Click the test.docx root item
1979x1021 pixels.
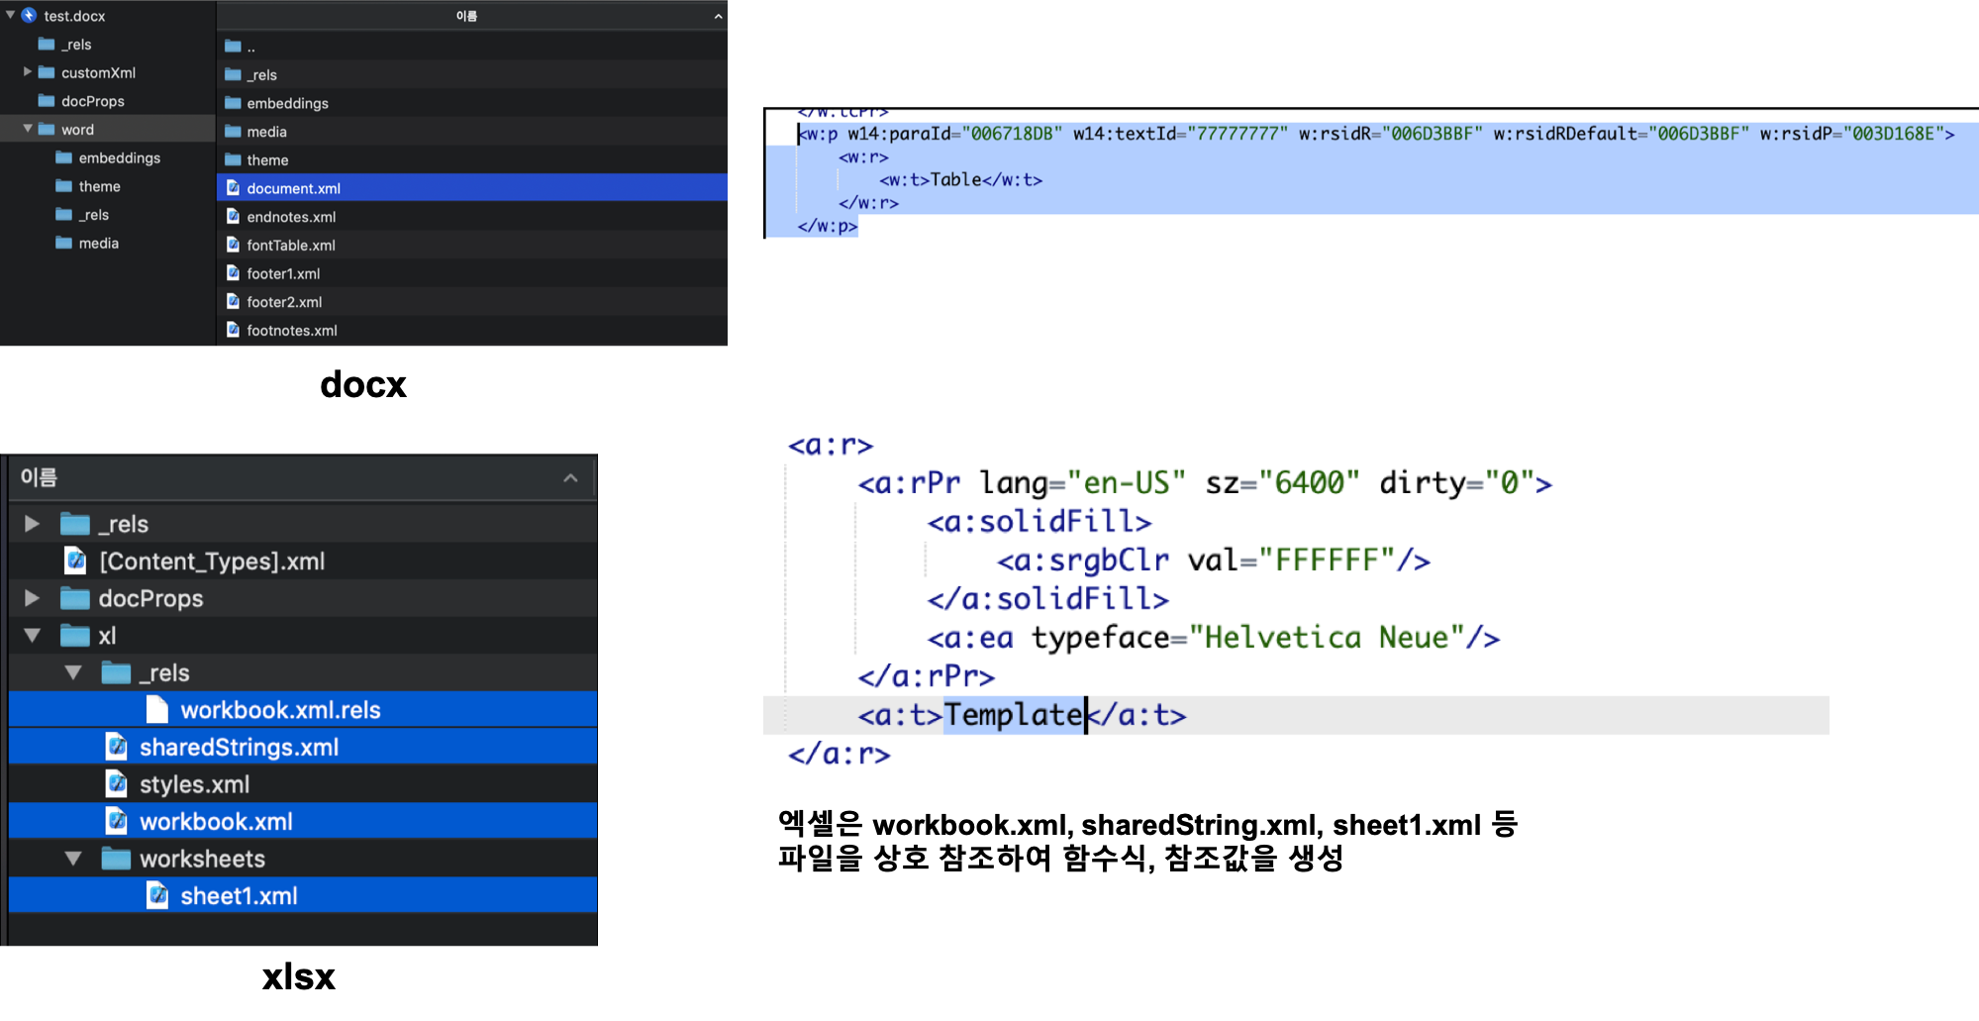click(x=74, y=16)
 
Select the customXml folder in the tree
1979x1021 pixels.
click(x=98, y=72)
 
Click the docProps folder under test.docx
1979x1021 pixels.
click(x=92, y=101)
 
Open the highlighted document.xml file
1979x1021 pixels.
click(x=293, y=188)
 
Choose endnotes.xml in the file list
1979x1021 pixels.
click(x=291, y=217)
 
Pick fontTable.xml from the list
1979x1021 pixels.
click(x=291, y=246)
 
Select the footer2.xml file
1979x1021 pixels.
click(x=284, y=302)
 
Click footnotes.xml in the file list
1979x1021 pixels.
click(x=292, y=331)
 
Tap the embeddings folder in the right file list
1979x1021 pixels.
click(x=287, y=103)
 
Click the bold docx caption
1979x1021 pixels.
click(x=363, y=384)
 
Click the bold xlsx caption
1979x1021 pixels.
click(x=299, y=976)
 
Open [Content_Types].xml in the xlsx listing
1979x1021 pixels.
click(x=212, y=562)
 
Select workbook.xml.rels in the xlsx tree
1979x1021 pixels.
click(x=280, y=710)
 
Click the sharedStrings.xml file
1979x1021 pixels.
click(x=239, y=748)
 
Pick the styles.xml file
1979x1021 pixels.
click(x=194, y=784)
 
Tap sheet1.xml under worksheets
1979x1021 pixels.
click(x=239, y=896)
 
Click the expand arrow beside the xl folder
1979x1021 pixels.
click(x=33, y=636)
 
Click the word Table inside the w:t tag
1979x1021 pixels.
click(x=955, y=179)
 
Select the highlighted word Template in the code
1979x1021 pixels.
click(x=1014, y=715)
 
